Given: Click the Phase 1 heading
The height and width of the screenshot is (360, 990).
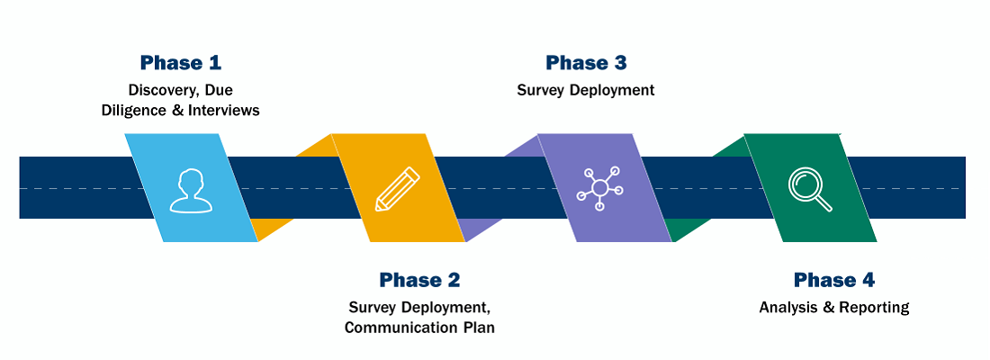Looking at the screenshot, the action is click(181, 62).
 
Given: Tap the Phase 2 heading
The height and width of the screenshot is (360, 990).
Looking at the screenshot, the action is click(420, 280).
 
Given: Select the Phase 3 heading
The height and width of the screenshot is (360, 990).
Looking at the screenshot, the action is click(586, 62).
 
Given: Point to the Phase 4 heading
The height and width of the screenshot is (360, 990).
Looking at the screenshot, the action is click(834, 280).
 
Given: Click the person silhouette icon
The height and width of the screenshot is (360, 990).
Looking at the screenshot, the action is click(189, 189).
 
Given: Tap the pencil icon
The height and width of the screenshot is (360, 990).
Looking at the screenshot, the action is click(397, 189).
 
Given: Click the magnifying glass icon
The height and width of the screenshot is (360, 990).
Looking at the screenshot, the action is click(810, 188).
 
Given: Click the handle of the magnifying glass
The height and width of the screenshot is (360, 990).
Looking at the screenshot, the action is click(823, 203).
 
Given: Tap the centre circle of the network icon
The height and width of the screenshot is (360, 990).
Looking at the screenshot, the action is click(599, 187).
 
